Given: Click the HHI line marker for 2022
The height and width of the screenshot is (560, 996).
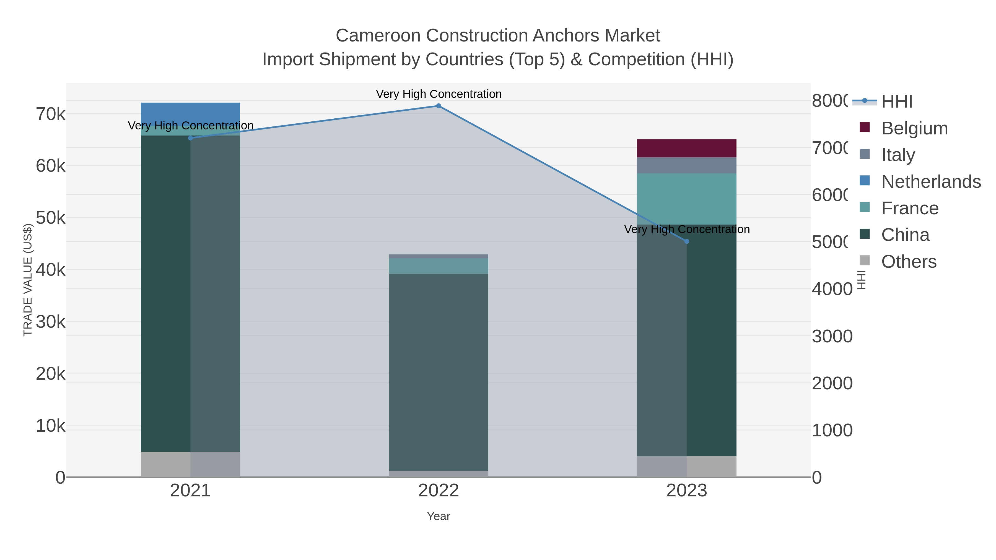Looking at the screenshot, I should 439,106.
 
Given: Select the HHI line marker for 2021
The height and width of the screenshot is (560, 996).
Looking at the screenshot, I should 190,138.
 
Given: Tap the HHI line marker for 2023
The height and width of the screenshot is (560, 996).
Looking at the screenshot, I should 687,241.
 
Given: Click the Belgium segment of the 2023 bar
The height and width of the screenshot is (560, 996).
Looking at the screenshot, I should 687,149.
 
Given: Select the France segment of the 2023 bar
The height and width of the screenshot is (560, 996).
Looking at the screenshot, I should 687,199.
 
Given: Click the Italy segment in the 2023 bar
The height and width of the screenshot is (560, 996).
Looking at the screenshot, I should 687,165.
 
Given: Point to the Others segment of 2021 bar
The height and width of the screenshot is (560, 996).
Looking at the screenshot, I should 190,464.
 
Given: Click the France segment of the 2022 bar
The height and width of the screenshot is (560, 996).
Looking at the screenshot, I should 439,266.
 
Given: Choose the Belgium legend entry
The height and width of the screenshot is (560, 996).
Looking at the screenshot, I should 914,128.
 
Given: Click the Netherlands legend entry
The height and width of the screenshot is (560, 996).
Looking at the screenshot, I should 931,182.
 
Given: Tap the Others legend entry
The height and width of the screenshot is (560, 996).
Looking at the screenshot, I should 909,262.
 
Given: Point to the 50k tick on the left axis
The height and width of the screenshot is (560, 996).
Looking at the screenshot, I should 51,218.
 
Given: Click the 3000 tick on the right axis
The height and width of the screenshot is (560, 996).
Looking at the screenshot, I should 832,336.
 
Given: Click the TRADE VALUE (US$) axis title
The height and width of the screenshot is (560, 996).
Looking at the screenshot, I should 28,280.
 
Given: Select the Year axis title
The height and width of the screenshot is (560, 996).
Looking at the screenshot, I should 439,516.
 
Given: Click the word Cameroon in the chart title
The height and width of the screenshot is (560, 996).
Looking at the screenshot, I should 378,36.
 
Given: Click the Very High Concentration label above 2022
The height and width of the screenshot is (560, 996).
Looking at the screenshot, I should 439,94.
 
